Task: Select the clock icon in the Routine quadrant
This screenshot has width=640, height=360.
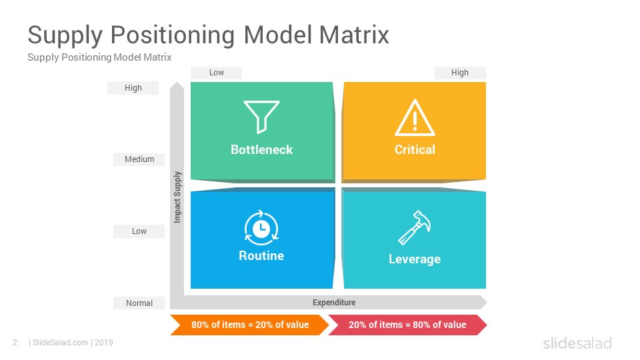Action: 261,228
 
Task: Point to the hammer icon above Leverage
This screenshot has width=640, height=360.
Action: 414,227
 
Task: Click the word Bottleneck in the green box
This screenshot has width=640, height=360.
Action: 261,150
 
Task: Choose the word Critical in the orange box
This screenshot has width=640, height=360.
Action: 415,150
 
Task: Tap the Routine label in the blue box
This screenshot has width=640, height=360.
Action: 261,255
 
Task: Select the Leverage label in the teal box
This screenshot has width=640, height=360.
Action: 415,259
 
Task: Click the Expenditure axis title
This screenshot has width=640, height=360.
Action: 334,303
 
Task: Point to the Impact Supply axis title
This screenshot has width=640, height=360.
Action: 177,197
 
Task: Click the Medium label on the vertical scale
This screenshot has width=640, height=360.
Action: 139,159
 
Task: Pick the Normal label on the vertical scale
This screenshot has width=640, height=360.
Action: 139,303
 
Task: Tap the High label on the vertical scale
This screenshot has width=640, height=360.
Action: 133,88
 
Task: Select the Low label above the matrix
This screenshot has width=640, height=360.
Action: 216,73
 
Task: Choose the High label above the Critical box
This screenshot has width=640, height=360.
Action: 459,73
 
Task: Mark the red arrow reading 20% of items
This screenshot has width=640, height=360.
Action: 407,325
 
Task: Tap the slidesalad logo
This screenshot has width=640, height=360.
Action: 577,343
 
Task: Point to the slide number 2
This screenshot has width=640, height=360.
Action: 15,343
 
